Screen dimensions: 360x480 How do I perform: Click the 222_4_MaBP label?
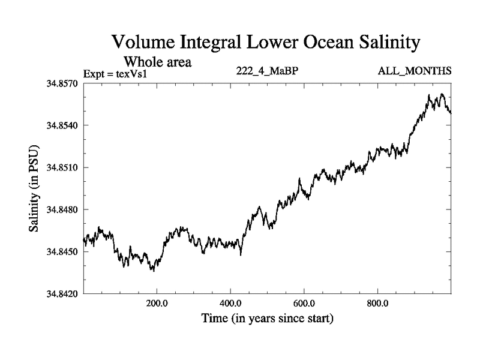268,71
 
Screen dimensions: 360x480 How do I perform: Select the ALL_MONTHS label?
415,71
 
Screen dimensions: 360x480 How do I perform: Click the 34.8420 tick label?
62,294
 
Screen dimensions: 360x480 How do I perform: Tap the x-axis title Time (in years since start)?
268,318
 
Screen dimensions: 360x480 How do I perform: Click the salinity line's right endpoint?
451,112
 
